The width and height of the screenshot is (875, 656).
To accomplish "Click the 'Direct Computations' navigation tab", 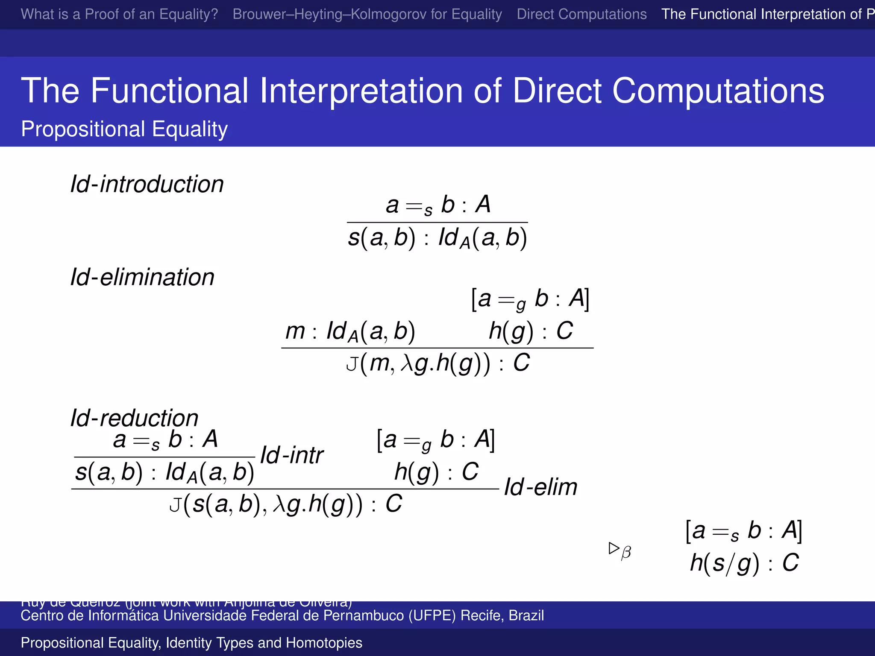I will (x=581, y=14).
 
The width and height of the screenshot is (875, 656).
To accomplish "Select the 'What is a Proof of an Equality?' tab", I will (x=119, y=14).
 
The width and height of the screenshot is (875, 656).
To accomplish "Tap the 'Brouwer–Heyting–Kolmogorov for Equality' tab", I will (x=367, y=14).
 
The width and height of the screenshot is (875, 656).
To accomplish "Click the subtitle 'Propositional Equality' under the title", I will (x=124, y=129).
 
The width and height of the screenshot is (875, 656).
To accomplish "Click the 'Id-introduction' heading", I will (x=147, y=184).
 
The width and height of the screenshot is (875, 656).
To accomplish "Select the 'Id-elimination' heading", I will (x=142, y=277).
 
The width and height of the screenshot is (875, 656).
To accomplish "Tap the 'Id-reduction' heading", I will (x=134, y=418).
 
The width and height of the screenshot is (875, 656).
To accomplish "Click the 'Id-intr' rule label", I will (x=292, y=455).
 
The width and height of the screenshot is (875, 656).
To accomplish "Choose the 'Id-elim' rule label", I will (x=540, y=487).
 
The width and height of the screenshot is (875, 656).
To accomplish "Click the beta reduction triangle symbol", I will (x=614, y=548).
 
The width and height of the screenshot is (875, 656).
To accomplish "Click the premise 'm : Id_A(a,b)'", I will (x=350, y=331).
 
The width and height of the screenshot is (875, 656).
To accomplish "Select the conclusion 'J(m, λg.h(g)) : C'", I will (x=437, y=363).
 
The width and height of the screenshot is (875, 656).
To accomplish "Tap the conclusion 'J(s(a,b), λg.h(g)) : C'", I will (x=285, y=504).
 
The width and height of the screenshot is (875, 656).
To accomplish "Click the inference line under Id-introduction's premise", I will (x=437, y=223).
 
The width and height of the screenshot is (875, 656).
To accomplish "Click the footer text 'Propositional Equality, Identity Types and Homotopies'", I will (x=191, y=643).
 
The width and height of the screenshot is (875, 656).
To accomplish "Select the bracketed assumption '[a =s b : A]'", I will (x=743, y=531).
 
